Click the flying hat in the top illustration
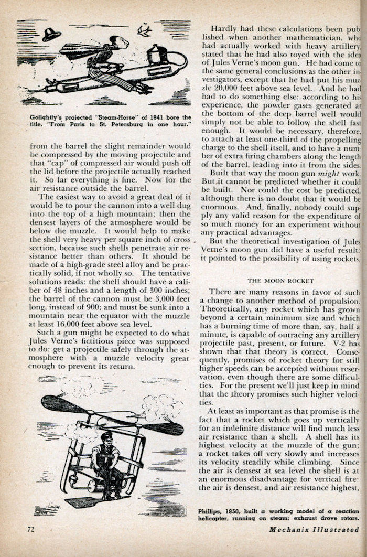(51, 35)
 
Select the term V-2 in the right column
(346, 342)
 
